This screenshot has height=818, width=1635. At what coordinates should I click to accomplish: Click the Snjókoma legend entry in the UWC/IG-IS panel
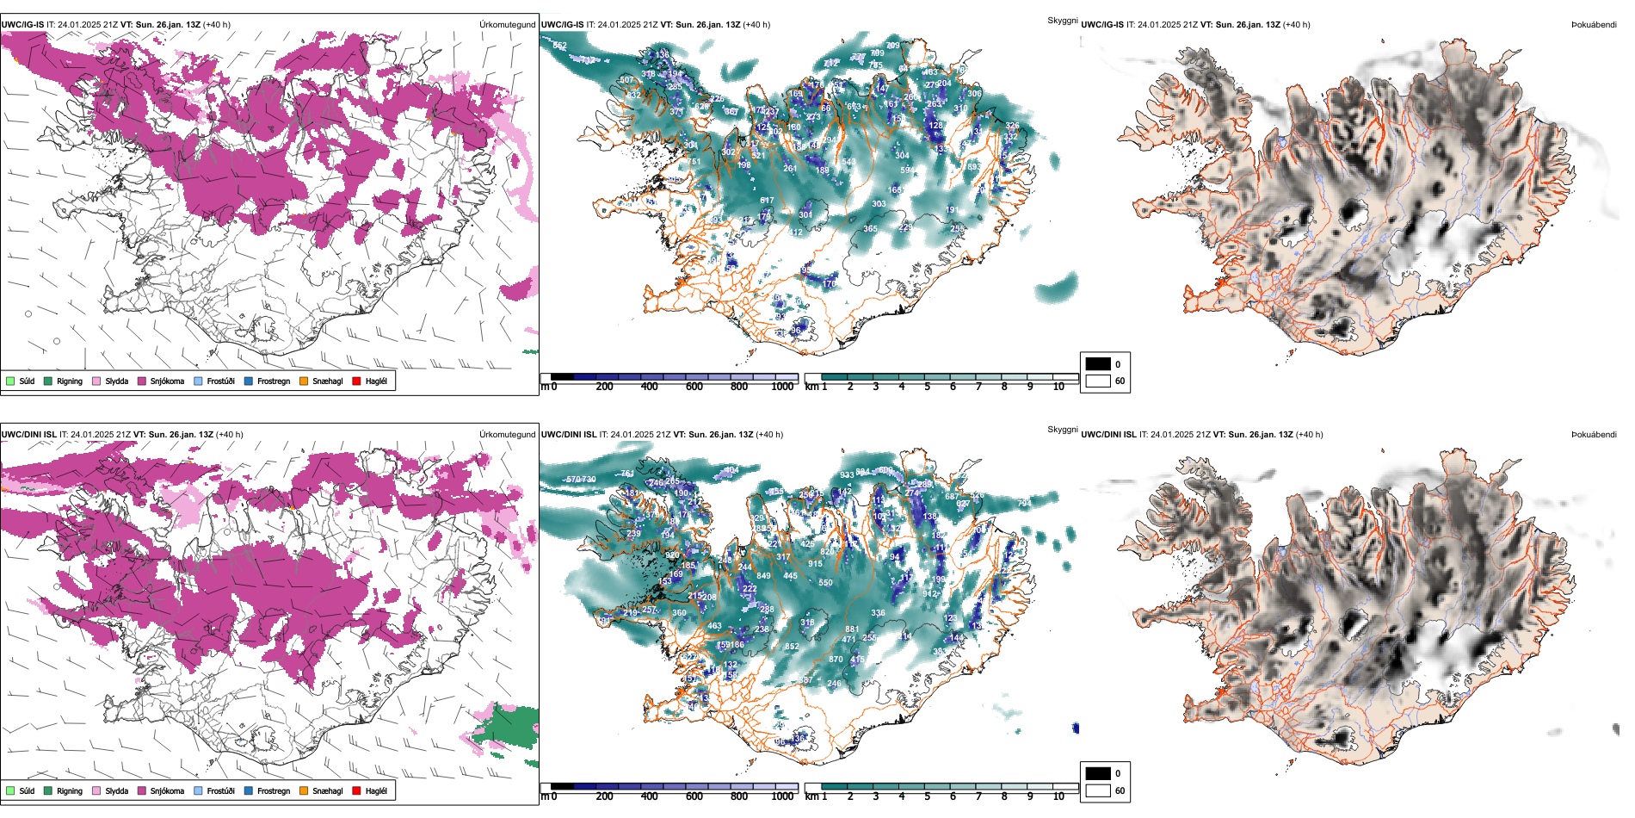pyautogui.click(x=167, y=381)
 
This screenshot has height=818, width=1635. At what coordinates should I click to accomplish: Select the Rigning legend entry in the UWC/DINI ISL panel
pyautogui.click(x=70, y=790)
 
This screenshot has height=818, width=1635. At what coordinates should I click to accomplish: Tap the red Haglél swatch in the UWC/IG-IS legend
pyautogui.click(x=357, y=381)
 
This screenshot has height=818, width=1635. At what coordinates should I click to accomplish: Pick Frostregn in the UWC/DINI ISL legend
pyautogui.click(x=274, y=790)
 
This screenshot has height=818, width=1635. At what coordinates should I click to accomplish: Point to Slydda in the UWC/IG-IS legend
pyautogui.click(x=117, y=381)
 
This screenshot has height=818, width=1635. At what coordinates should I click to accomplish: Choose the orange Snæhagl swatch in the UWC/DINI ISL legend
pyautogui.click(x=304, y=790)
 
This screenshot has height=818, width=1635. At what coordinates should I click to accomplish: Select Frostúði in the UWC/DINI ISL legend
pyautogui.click(x=220, y=790)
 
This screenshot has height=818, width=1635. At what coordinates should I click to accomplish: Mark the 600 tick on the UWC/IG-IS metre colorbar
pyautogui.click(x=694, y=387)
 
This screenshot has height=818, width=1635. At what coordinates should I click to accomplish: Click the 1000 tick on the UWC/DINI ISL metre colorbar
pyautogui.click(x=782, y=796)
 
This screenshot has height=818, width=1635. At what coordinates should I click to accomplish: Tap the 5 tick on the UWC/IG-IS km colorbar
pyautogui.click(x=928, y=387)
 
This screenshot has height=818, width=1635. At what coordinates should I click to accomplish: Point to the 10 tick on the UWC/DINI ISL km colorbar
pyautogui.click(x=1058, y=796)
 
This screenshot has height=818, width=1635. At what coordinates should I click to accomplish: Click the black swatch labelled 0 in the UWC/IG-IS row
pyautogui.click(x=1098, y=364)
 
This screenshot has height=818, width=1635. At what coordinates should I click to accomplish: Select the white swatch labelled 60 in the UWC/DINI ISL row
pyautogui.click(x=1098, y=790)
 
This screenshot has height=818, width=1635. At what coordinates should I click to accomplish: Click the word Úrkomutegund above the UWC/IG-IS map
pyautogui.click(x=507, y=25)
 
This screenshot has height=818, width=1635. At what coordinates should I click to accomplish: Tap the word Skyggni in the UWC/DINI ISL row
pyautogui.click(x=1062, y=430)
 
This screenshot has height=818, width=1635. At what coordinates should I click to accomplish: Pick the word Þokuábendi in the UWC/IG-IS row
pyautogui.click(x=1594, y=25)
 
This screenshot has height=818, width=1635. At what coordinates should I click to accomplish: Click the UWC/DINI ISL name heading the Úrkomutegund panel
pyautogui.click(x=28, y=435)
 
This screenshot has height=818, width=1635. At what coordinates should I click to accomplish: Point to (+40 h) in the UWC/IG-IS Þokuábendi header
pyautogui.click(x=1296, y=25)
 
